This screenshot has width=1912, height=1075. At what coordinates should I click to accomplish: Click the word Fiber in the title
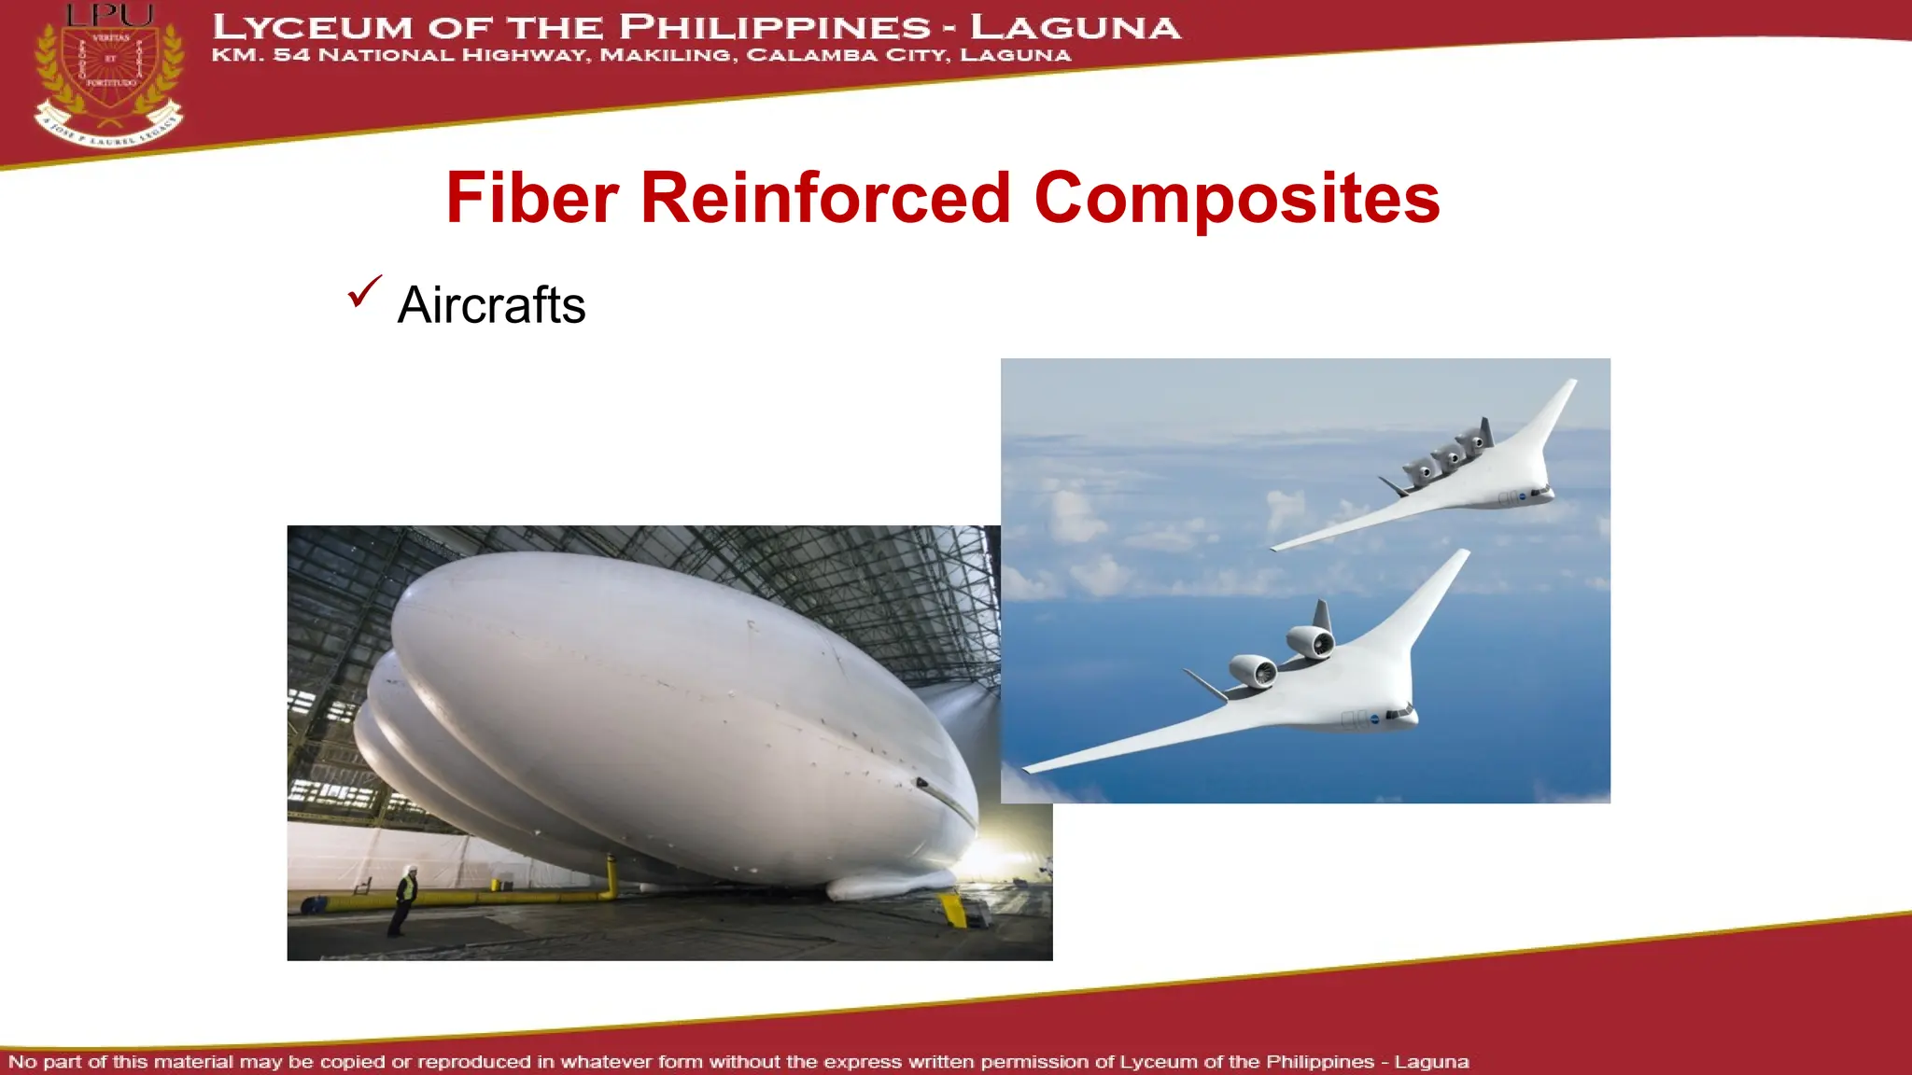coord(532,198)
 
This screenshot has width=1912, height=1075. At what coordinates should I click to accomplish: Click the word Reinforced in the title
coord(825,198)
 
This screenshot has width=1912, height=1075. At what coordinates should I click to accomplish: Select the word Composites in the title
coord(1237,200)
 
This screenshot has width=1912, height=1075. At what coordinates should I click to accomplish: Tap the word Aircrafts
coord(491,305)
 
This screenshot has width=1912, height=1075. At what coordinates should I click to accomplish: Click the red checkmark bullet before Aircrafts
coord(363,291)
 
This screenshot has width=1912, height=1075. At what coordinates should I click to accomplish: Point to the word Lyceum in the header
coord(312,27)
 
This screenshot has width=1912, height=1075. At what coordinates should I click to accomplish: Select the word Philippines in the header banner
coord(774,27)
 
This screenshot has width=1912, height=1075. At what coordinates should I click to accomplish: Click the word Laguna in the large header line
coord(1075,27)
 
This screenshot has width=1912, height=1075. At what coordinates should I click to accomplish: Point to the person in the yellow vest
coord(404,899)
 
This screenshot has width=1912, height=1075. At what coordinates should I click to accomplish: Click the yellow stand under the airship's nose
coord(953,908)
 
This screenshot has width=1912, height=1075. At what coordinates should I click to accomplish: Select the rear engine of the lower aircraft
coord(1311,641)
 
